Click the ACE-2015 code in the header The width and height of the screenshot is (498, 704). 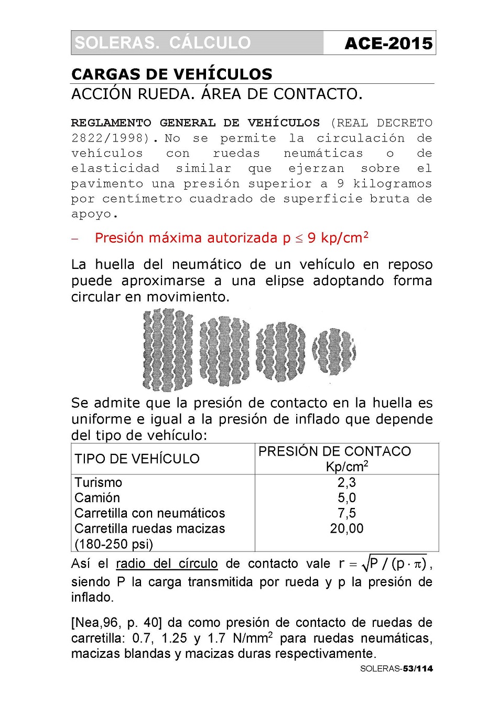[388, 43]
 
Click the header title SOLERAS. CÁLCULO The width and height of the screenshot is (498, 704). [163, 42]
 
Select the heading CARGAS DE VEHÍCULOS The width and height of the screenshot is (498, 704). [172, 74]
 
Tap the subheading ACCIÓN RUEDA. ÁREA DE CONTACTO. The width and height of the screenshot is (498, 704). [217, 94]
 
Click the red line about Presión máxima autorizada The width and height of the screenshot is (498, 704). [231, 238]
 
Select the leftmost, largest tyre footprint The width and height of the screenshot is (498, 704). [167, 350]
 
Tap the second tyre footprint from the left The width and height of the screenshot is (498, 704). [224, 349]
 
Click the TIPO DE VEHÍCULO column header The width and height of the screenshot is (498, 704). [137, 459]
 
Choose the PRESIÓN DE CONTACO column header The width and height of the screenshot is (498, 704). [334, 451]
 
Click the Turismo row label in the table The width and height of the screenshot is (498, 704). [98, 482]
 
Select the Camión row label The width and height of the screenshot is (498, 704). [97, 497]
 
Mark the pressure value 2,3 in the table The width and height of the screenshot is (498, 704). [347, 482]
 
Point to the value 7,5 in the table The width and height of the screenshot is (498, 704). [347, 513]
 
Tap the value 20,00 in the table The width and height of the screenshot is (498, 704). [347, 528]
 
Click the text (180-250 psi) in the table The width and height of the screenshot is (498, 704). [114, 544]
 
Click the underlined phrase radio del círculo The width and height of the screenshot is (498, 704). [167, 564]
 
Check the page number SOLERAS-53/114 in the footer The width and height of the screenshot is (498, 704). [396, 668]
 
